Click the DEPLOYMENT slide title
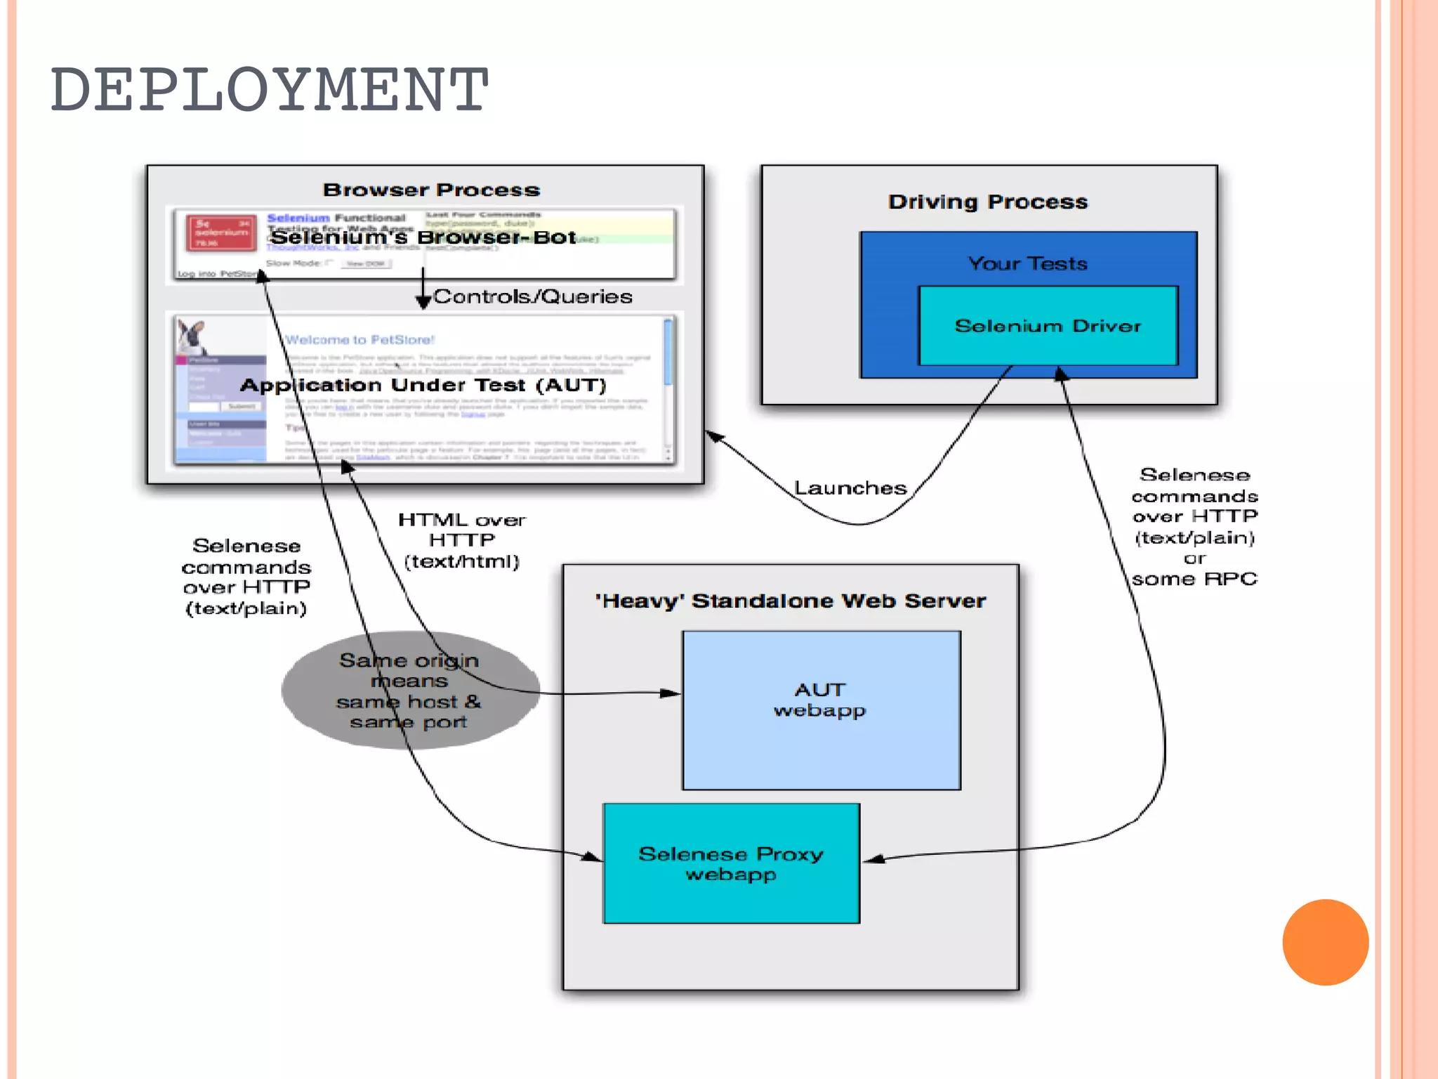(x=269, y=89)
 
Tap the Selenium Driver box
(x=1048, y=326)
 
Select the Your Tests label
(x=1027, y=263)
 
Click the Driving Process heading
(x=987, y=202)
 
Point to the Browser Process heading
(x=431, y=190)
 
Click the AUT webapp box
(x=820, y=709)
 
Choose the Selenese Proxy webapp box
(x=731, y=863)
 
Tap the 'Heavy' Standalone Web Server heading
(x=790, y=601)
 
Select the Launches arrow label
(x=850, y=488)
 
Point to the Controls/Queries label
(x=533, y=296)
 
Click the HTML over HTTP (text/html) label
(x=461, y=540)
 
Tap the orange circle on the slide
(x=1325, y=942)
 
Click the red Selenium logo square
(x=221, y=233)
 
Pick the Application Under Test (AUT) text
(x=423, y=385)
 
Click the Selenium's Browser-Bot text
(x=423, y=237)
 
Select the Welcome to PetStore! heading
(x=359, y=340)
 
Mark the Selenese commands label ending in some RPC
(x=1194, y=527)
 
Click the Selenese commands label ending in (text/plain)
(x=246, y=577)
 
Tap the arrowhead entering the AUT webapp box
(x=671, y=693)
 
